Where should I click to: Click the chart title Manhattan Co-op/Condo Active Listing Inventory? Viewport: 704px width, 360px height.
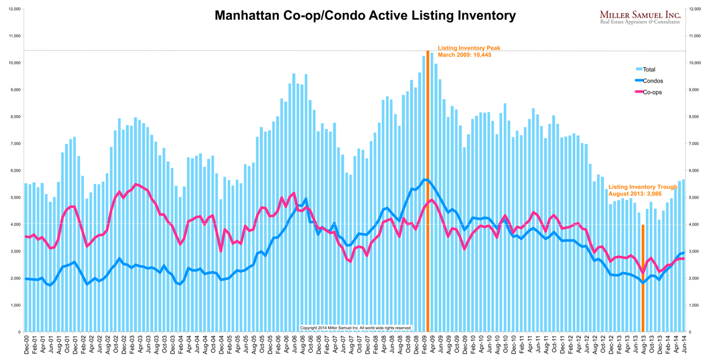[x=365, y=15]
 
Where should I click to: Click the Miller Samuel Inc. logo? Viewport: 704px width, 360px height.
[x=639, y=14]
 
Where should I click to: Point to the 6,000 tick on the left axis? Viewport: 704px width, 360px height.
[x=14, y=171]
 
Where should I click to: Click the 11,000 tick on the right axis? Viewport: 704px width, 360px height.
[x=693, y=36]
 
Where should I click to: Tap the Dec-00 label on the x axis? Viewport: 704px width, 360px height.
[x=27, y=346]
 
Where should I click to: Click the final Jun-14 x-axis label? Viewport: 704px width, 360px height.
[x=683, y=346]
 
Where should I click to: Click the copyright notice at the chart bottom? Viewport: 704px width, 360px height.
[x=356, y=328]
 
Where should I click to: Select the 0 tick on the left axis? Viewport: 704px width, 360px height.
[x=19, y=332]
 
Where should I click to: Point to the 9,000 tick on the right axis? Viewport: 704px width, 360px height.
[x=693, y=90]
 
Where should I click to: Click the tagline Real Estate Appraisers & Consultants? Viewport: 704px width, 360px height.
[x=639, y=22]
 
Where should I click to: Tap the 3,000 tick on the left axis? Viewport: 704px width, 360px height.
[x=14, y=252]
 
